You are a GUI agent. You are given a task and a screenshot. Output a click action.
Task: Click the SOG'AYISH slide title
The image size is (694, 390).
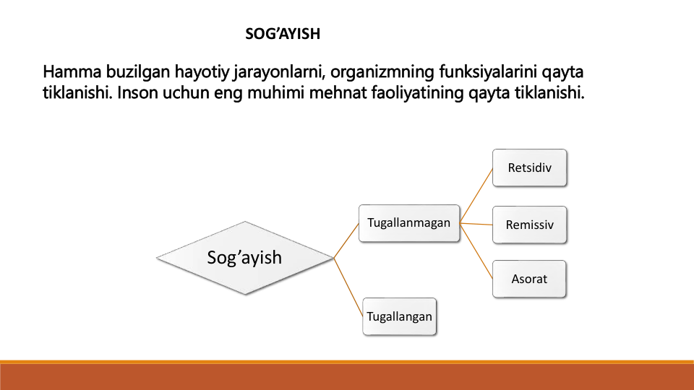pos(283,34)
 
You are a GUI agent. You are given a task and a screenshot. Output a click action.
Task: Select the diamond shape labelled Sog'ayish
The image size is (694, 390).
pos(245,258)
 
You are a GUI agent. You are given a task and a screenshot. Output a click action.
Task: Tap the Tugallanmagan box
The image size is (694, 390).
pos(409,223)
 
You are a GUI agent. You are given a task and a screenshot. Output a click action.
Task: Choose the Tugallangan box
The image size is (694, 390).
pos(399,316)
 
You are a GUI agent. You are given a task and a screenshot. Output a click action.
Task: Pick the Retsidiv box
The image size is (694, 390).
pos(529,168)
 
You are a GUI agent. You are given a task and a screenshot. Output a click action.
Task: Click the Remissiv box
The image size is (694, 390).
pos(529,225)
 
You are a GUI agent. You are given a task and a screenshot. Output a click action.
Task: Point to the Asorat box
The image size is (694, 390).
pos(529,279)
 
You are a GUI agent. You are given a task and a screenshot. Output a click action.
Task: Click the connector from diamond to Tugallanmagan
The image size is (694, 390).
pos(346,240)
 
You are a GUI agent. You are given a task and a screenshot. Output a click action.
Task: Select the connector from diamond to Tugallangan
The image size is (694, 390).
pos(348,287)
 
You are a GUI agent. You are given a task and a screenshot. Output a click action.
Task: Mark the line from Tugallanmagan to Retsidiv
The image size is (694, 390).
pos(476,196)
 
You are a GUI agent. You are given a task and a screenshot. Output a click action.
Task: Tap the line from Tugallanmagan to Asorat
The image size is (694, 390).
pos(476,251)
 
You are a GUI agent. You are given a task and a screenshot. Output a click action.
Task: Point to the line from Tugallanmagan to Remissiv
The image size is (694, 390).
pos(476,224)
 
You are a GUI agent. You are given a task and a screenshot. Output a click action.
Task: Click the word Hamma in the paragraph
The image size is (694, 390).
pos(72,71)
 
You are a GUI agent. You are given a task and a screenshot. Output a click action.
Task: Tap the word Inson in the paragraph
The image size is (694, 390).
pos(137,93)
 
